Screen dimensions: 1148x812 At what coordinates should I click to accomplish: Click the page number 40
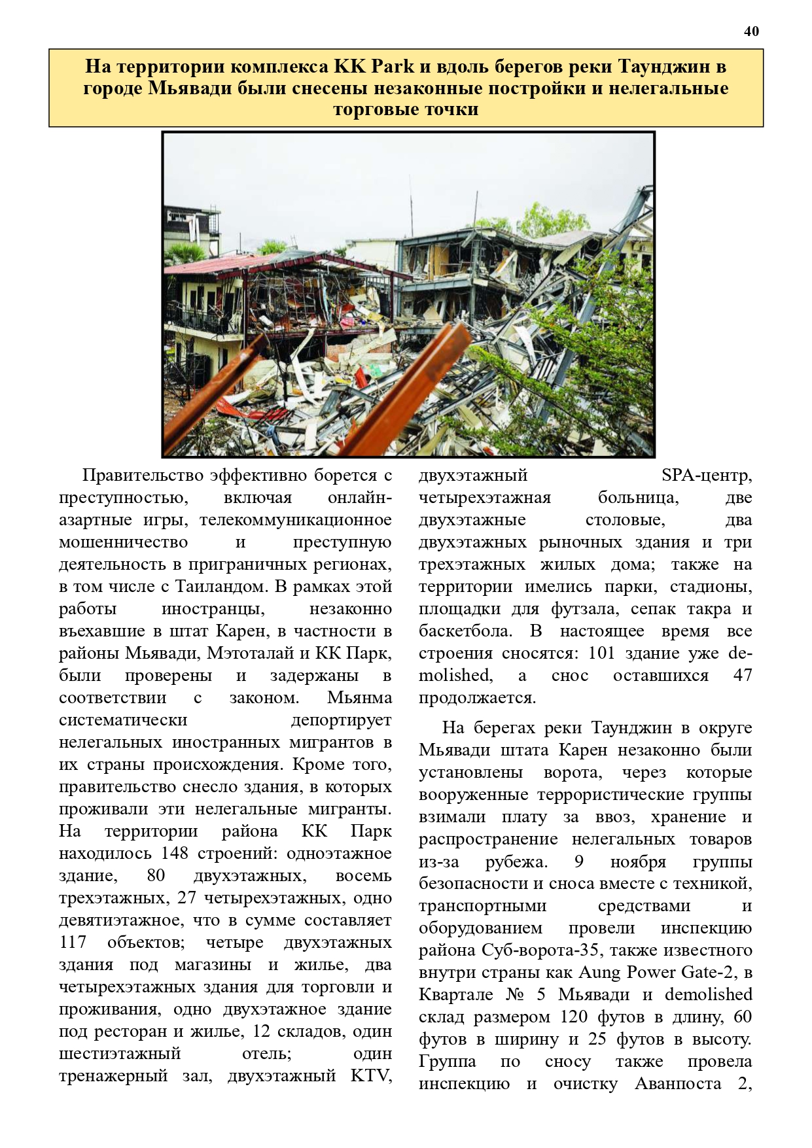coord(751,31)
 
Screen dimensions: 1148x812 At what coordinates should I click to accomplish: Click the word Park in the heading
coord(393,67)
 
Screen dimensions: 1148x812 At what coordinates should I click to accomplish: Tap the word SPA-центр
coord(707,475)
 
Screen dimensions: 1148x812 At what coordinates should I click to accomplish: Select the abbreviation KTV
coord(371,1075)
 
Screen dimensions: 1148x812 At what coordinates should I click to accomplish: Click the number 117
coord(73,942)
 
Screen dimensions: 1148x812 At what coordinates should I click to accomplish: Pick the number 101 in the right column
coord(601,653)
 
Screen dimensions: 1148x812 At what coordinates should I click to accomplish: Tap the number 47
coord(743,675)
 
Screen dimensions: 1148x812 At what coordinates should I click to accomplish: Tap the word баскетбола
coord(465,631)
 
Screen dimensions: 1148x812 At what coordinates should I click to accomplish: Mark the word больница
coord(638,497)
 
